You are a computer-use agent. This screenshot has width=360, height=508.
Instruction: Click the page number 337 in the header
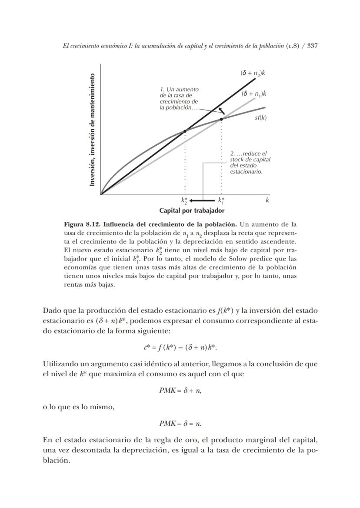[313, 46]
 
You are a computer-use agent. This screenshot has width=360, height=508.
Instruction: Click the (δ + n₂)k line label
[253, 73]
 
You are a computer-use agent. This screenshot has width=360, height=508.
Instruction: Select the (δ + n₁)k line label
[254, 94]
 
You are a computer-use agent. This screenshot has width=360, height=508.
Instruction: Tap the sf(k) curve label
[260, 118]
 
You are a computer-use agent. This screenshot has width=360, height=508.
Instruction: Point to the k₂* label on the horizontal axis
[184, 201]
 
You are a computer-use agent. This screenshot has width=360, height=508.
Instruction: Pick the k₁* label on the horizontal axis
[221, 201]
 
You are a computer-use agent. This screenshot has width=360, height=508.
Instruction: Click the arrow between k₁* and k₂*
[203, 201]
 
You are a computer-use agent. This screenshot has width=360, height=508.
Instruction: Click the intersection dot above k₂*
[185, 131]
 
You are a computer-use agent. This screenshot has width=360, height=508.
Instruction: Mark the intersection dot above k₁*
[221, 119]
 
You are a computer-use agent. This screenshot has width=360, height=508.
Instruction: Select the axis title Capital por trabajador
[192, 211]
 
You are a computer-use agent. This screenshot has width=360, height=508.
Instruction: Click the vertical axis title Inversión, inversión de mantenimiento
[92, 130]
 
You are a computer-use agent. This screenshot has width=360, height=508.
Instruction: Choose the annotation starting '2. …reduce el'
[250, 163]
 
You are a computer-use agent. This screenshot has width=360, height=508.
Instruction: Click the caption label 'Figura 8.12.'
[83, 224]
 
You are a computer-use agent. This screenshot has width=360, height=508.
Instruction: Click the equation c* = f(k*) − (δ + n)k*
[180, 348]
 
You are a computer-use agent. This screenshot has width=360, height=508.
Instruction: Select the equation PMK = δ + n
[180, 391]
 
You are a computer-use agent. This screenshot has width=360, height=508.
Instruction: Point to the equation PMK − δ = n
[180, 423]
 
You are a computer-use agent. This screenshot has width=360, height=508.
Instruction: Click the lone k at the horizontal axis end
[267, 200]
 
